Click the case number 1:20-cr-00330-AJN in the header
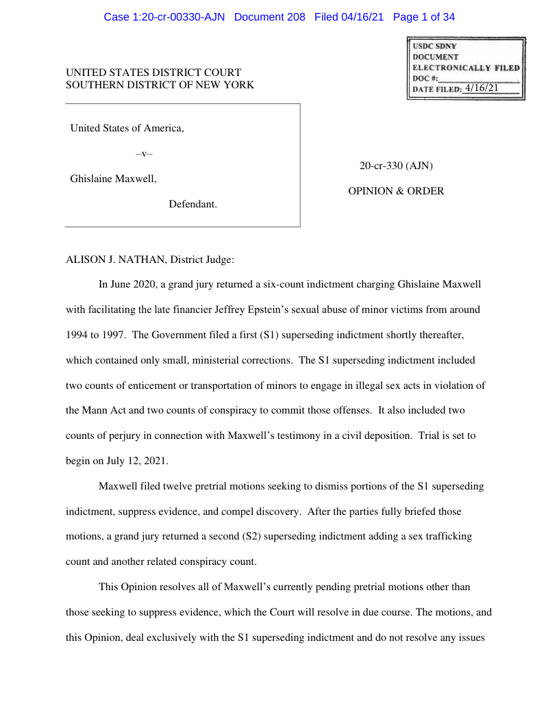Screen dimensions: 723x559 (180, 17)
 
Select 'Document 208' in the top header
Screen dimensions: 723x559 (269, 17)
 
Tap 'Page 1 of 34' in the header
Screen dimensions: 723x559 (424, 17)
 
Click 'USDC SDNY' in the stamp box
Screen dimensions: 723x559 (434, 46)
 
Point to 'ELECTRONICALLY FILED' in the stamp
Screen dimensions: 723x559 (466, 68)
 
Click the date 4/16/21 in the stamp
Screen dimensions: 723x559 (481, 88)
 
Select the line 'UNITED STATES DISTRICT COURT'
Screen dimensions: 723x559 (153, 73)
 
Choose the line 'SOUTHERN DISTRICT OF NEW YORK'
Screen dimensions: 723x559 (160, 85)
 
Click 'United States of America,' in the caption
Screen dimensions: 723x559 (127, 128)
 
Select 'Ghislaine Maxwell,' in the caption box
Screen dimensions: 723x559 (113, 179)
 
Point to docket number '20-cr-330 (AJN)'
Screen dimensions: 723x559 (396, 166)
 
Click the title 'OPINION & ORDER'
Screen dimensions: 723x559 (396, 191)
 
